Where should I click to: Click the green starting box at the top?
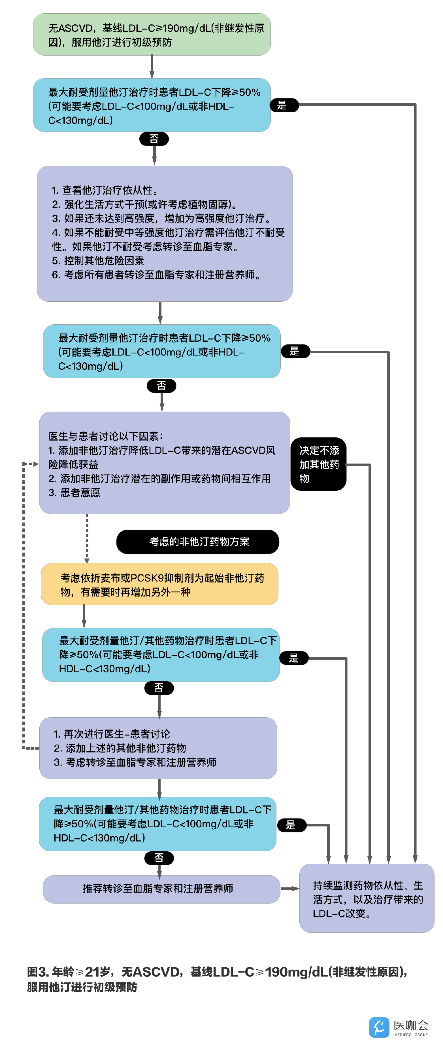click(x=152, y=35)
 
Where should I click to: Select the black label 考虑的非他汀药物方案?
click(x=198, y=542)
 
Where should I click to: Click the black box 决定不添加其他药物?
click(x=319, y=464)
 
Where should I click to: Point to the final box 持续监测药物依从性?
click(x=367, y=898)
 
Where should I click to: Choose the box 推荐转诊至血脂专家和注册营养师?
click(x=161, y=889)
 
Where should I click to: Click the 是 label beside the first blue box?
click(x=284, y=105)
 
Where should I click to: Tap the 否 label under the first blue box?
click(x=154, y=139)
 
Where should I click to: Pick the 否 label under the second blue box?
click(x=161, y=386)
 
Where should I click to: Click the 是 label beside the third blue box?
click(x=294, y=658)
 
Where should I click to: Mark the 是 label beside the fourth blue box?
click(x=291, y=825)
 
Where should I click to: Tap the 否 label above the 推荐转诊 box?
click(x=159, y=858)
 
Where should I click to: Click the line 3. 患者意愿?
click(x=74, y=493)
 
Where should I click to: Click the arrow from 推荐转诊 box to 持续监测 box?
click(x=290, y=889)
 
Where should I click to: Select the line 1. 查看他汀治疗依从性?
click(x=105, y=190)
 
